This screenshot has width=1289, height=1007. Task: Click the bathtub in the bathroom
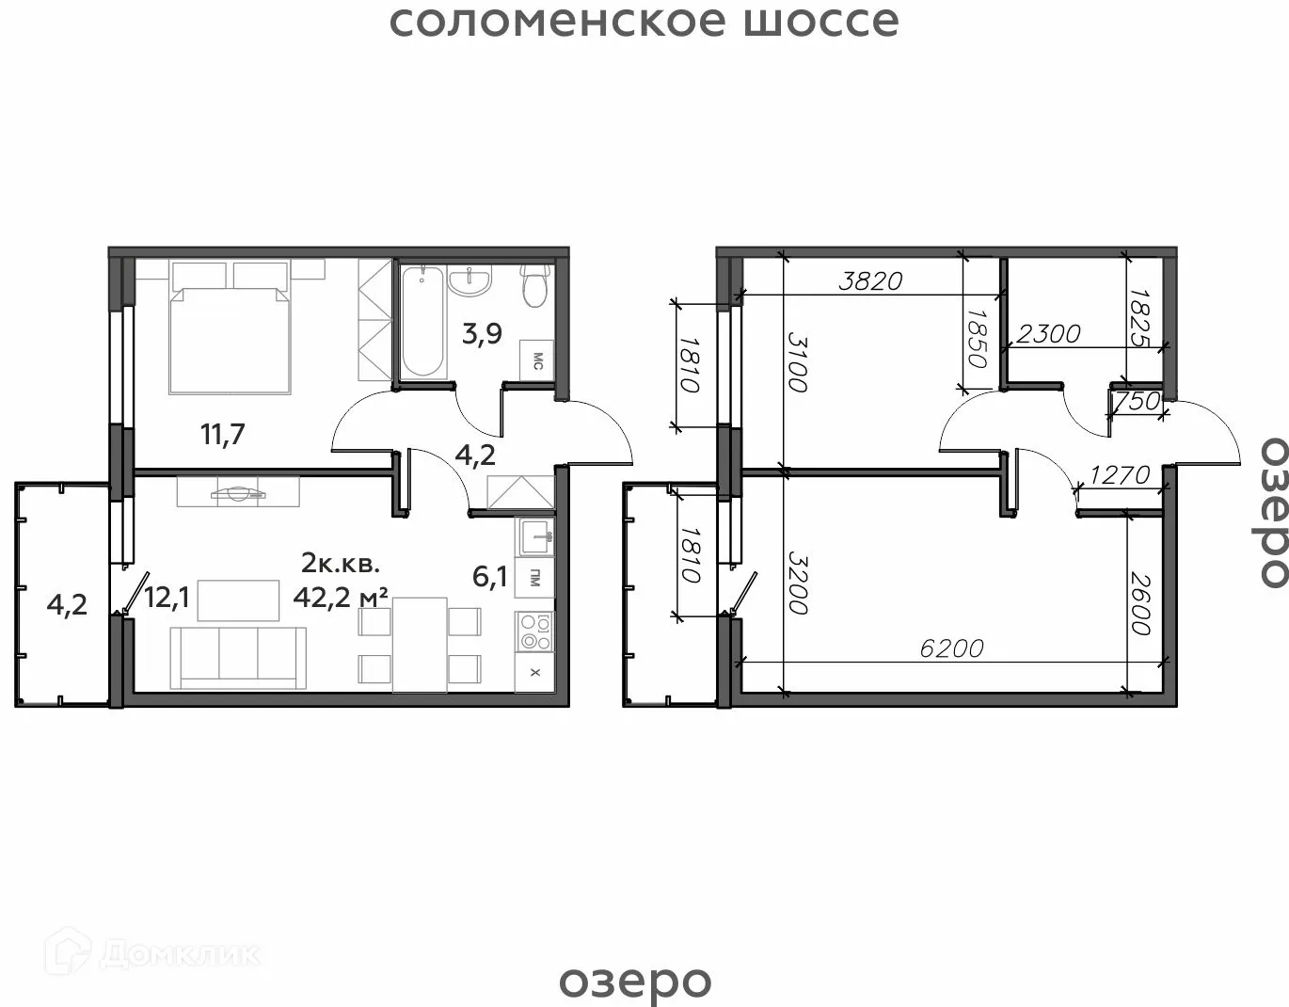[x=422, y=321]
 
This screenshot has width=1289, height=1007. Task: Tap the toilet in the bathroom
[x=535, y=285]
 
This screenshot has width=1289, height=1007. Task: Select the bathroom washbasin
[x=469, y=281]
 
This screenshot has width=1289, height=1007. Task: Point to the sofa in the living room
[x=238, y=658]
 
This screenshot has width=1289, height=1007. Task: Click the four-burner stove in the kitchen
[x=534, y=631]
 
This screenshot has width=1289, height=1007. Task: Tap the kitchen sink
[x=534, y=536]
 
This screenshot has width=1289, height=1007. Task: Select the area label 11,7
[x=223, y=434]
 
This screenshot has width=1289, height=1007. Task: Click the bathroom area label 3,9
[x=482, y=334]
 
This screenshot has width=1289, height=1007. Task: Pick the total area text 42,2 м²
[x=342, y=598]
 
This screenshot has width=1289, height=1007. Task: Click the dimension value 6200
[x=951, y=648]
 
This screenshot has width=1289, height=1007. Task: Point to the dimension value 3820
[x=870, y=281]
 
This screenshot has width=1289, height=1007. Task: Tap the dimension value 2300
[x=1048, y=334]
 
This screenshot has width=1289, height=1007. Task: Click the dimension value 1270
[x=1120, y=475]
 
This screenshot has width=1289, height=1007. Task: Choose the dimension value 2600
[x=1140, y=602]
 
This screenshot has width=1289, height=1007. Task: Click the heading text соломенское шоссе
[x=644, y=22]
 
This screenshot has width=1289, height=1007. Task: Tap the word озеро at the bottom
[x=635, y=982]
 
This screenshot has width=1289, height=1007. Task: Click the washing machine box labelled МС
[x=537, y=360]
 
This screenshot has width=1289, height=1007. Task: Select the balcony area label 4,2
[x=67, y=605]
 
